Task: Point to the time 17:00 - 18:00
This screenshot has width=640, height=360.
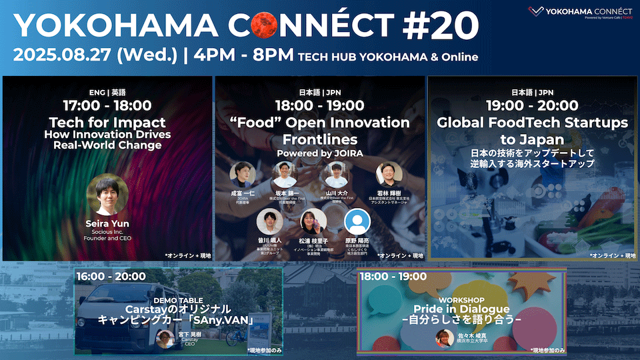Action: (107, 105)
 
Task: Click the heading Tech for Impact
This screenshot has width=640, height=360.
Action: (107, 123)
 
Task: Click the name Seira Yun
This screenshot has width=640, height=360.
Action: (107, 222)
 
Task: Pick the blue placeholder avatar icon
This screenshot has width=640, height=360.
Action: (357, 221)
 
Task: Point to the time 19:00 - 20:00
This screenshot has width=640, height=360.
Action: (532, 105)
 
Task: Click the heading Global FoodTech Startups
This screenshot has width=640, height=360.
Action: (532, 123)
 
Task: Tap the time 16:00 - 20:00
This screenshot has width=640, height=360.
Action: (111, 277)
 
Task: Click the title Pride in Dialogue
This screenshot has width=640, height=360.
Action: (461, 309)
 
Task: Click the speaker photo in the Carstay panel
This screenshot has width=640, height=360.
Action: (165, 339)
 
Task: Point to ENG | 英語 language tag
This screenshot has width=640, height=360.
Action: (107, 92)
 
